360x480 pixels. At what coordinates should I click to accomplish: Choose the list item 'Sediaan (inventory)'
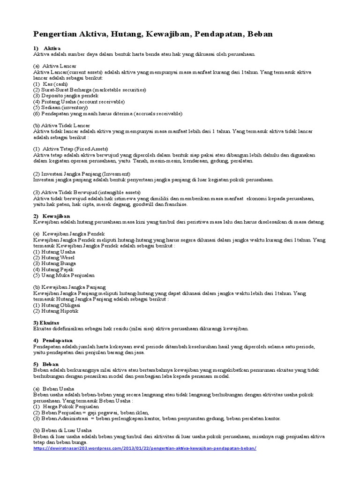click(60, 107)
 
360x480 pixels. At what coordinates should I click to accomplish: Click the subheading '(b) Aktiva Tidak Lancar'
click(61, 125)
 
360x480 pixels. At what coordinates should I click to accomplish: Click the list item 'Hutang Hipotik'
click(56, 310)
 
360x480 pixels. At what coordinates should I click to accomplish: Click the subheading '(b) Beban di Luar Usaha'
click(62, 430)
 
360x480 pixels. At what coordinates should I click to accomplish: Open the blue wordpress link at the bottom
click(145, 448)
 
